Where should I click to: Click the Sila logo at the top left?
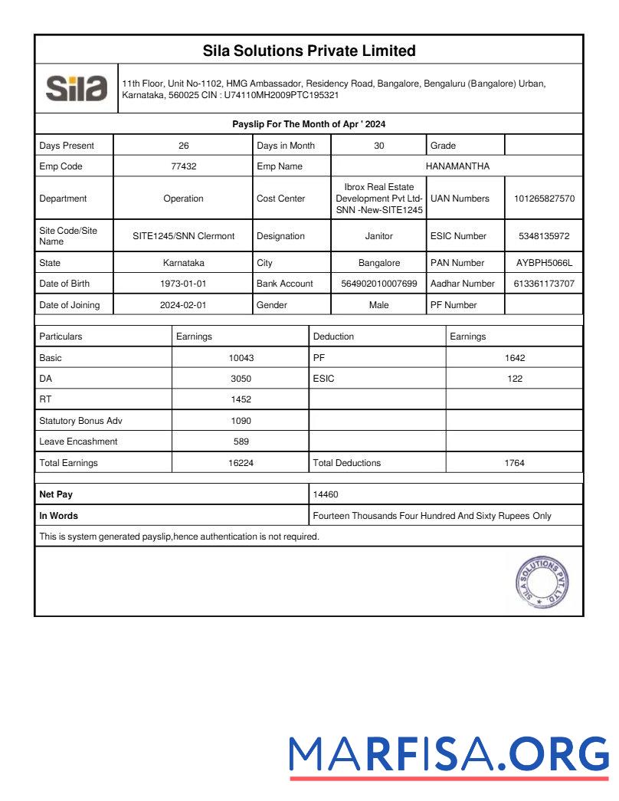[77, 89]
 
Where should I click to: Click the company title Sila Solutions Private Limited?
[309, 51]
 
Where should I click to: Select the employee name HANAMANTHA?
[457, 166]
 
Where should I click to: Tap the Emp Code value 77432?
[184, 166]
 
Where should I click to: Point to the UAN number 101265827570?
[544, 199]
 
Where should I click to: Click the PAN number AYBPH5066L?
[544, 263]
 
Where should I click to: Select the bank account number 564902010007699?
[379, 284]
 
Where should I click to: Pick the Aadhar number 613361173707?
[544, 284]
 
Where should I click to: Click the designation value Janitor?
[379, 236]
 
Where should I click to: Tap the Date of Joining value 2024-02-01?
[184, 305]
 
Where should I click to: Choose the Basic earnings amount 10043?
[241, 358]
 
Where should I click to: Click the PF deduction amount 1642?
[515, 358]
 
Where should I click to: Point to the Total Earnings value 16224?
[241, 463]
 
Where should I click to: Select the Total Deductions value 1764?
[515, 463]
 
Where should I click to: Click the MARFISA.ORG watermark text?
[449, 754]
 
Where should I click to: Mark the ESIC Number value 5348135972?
[544, 236]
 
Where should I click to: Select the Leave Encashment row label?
[78, 442]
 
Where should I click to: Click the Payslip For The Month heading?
[309, 124]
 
